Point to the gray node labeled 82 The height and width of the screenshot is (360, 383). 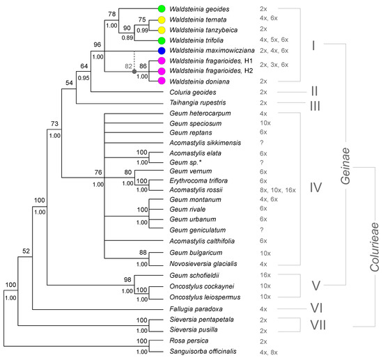point(134,71)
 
